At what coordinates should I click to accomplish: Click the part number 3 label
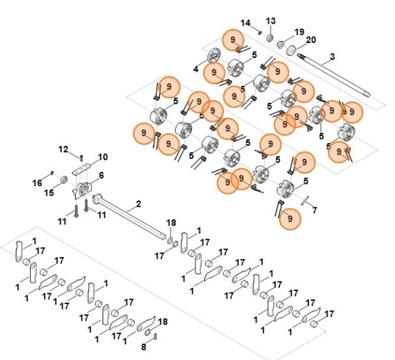tap(332, 57)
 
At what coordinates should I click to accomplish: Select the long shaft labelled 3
tap(334, 75)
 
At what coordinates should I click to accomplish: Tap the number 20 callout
tap(311, 40)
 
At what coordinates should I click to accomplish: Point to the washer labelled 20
tap(291, 50)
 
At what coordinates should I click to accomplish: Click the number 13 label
tap(271, 21)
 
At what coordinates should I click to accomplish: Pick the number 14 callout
tap(245, 23)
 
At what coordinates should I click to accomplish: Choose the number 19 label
tap(299, 32)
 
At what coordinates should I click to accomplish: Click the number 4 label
tap(196, 69)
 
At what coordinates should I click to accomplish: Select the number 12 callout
tap(63, 149)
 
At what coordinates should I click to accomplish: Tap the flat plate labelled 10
tap(81, 169)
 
